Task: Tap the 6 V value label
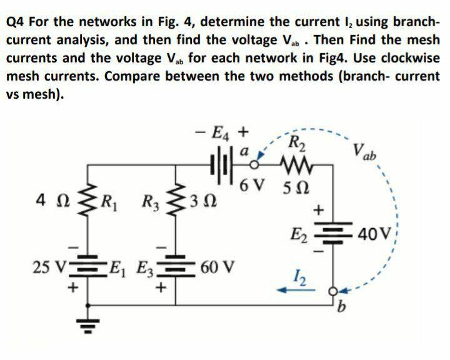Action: click(x=254, y=186)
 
